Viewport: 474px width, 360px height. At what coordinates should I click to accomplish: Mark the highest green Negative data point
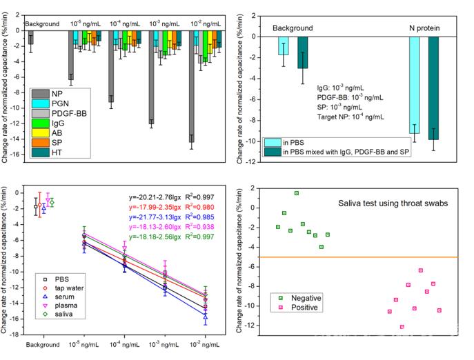tap(297, 193)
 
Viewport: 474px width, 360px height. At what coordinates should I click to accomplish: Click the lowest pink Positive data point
tap(402, 327)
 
